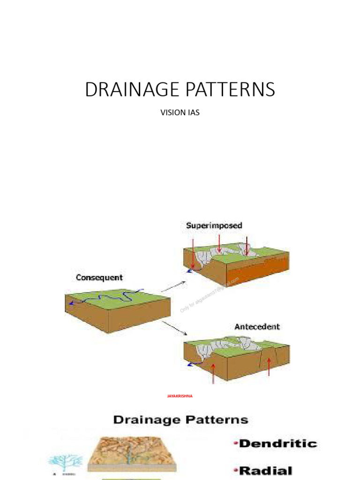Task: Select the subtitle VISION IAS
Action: tap(180, 113)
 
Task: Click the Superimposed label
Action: tap(214, 225)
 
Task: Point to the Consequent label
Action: tap(99, 278)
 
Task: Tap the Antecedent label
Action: tap(257, 326)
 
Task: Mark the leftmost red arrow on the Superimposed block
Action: tap(193, 253)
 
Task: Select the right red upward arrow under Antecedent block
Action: tap(269, 367)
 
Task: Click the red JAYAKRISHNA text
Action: tap(180, 396)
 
